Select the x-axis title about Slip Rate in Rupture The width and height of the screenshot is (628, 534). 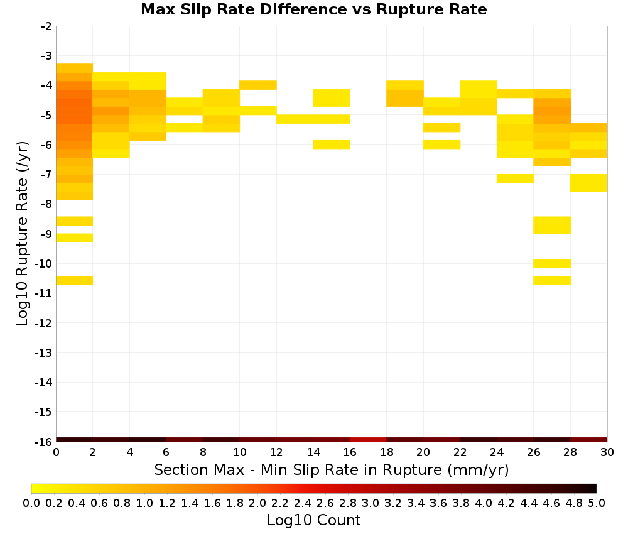coord(332,469)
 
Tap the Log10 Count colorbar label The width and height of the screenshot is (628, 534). coord(313,520)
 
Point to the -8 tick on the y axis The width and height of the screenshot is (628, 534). coord(46,204)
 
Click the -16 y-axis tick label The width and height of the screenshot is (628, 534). coord(44,442)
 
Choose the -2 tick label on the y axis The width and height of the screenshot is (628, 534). coord(46,26)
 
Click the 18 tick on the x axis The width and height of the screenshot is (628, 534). coord(386,452)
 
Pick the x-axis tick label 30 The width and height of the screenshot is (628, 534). coord(607,452)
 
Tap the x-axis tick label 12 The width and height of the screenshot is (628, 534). coord(276,452)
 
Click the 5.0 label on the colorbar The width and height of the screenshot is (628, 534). coord(597,503)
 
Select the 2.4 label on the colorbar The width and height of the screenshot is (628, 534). coord(303,503)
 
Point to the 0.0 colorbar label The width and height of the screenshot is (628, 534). coord(31,503)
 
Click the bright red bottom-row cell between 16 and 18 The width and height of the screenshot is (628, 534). coord(368,440)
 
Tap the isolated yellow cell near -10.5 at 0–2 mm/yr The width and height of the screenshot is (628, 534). coord(75,280)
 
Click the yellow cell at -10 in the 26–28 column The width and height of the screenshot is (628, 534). coord(552,263)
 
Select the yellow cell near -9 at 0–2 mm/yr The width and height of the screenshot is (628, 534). coord(75,238)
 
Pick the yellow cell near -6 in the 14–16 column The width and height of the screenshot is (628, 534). coord(332,144)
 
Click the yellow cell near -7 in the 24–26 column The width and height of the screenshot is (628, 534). coord(515,178)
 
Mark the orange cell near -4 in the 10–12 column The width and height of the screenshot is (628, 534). coord(258,85)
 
